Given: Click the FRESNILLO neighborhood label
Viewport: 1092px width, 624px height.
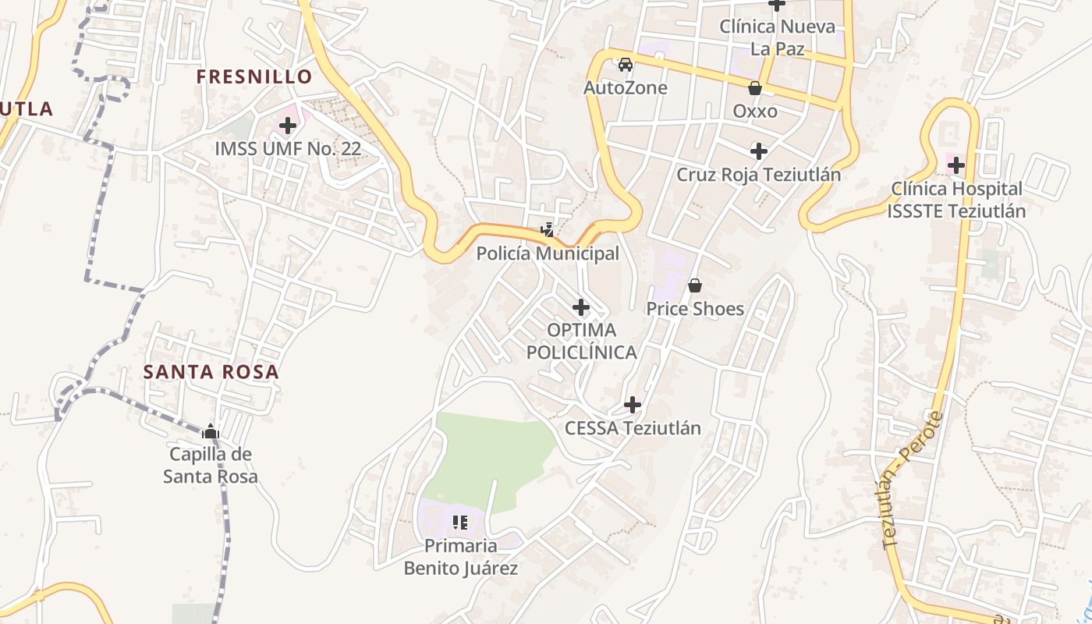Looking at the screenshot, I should [x=254, y=76].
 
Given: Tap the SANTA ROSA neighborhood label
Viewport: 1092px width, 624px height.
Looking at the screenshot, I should [x=211, y=371].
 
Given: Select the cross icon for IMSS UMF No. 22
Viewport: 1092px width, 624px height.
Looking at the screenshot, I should [x=288, y=125].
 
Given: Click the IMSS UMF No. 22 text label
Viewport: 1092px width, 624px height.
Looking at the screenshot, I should [x=288, y=148].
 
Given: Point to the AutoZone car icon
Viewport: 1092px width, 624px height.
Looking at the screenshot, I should [x=625, y=64].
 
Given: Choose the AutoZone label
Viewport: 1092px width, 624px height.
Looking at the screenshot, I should [x=626, y=87].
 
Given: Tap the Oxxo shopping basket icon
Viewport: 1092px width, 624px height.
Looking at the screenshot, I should [x=754, y=88].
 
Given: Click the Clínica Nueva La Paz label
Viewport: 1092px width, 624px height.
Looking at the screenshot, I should [x=777, y=37].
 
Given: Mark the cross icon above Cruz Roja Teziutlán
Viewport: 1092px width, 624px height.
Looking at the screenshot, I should [x=758, y=151].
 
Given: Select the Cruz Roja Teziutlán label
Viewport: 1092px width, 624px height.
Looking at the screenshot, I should [x=758, y=174].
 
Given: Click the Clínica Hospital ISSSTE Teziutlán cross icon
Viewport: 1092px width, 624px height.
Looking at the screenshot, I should [x=956, y=165].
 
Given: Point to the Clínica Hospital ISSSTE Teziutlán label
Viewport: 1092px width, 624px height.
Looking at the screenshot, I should [x=956, y=200].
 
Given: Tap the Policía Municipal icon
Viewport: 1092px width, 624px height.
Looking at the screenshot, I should [x=548, y=230].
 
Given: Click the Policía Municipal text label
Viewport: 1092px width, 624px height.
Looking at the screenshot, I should [x=548, y=253].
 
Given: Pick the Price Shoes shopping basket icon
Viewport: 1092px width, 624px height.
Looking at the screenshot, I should [x=695, y=285].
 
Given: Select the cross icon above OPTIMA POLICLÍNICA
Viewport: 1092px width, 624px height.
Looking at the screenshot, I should [x=581, y=307].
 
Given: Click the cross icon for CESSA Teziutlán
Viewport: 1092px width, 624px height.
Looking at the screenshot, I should [x=633, y=405].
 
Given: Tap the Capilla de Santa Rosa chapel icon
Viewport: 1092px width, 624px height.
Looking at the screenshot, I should [x=210, y=431].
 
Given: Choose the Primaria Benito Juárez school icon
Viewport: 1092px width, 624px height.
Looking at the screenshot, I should [x=460, y=522].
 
